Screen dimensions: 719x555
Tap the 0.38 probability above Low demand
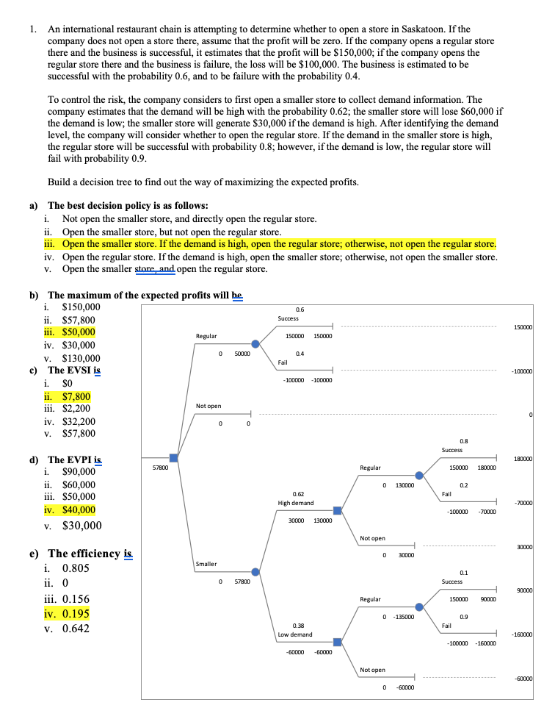299,626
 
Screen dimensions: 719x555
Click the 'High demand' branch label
295,503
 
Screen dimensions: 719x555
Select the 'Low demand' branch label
295,634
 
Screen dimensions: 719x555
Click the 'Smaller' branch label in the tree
206,564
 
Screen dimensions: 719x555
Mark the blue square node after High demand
337,509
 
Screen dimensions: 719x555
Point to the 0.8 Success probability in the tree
463,441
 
